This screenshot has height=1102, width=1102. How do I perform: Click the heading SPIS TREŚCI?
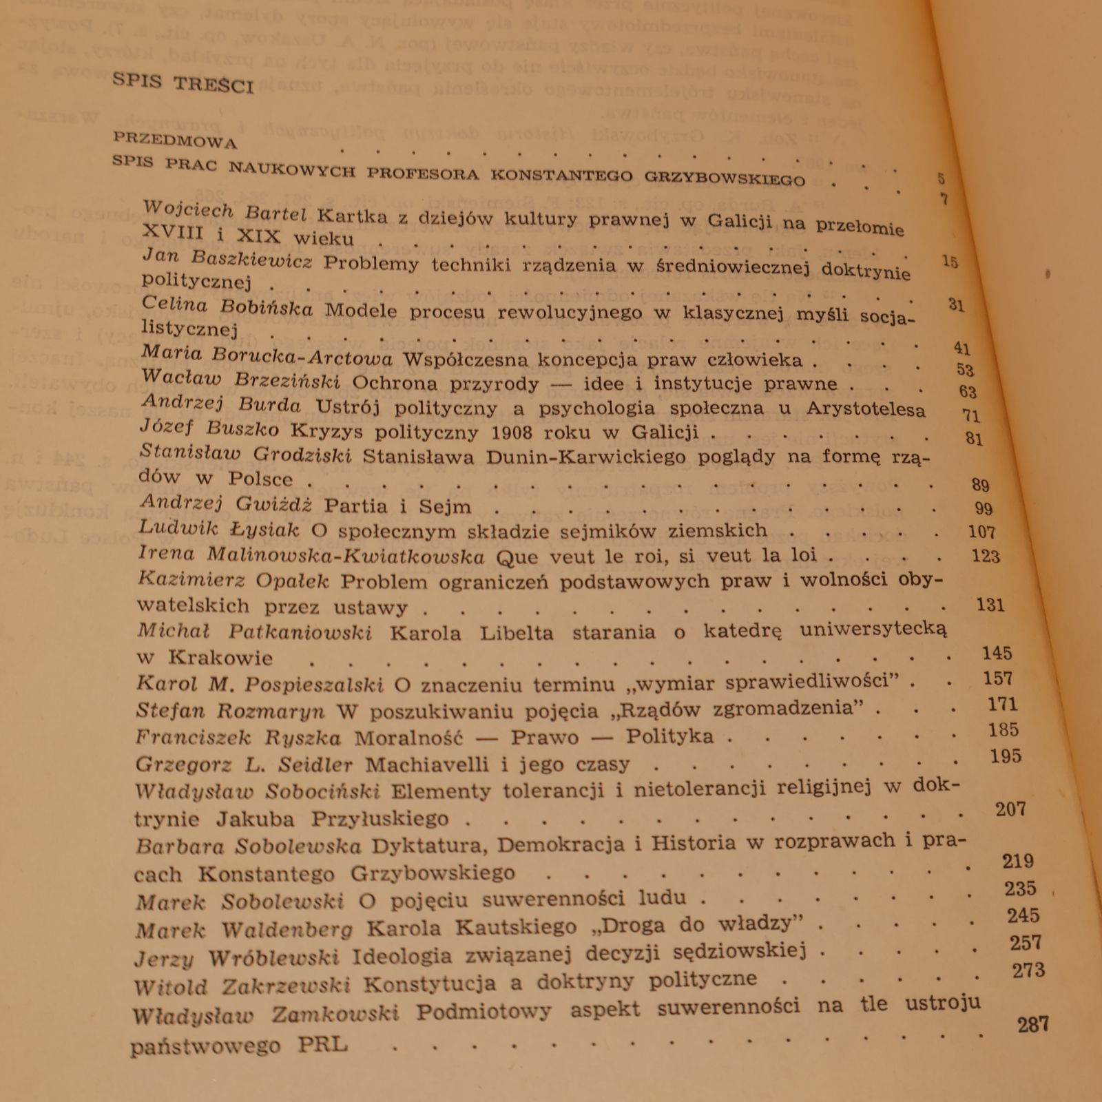click(183, 83)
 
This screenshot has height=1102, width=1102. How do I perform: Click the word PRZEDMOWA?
click(175, 141)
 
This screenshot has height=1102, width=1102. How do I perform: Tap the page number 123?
click(986, 556)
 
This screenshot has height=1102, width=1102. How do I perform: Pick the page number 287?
click(1033, 1025)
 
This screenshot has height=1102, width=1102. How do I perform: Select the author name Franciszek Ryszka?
click(238, 738)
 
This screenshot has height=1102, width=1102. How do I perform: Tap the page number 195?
click(1005, 756)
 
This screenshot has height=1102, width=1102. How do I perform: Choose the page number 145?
click(997, 653)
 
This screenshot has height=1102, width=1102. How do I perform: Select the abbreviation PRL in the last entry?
click(322, 1044)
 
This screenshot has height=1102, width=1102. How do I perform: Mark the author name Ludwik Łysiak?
click(218, 529)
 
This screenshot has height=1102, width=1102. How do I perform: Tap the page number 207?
click(1010, 809)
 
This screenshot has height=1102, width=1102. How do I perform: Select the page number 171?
click(1002, 705)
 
